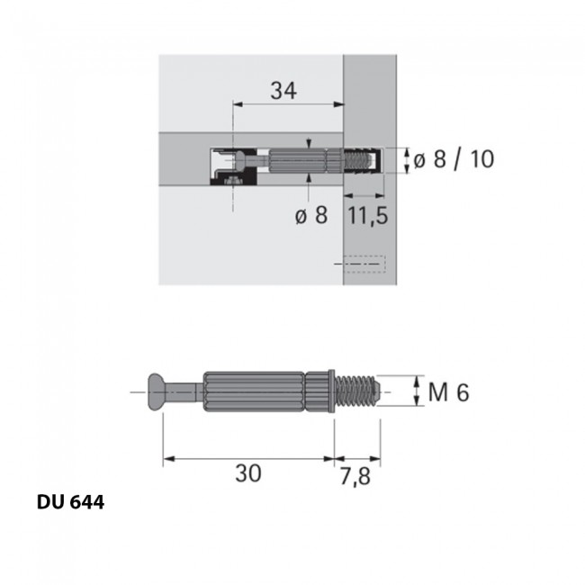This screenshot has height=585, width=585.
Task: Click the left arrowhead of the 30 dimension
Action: pos(166,459)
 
